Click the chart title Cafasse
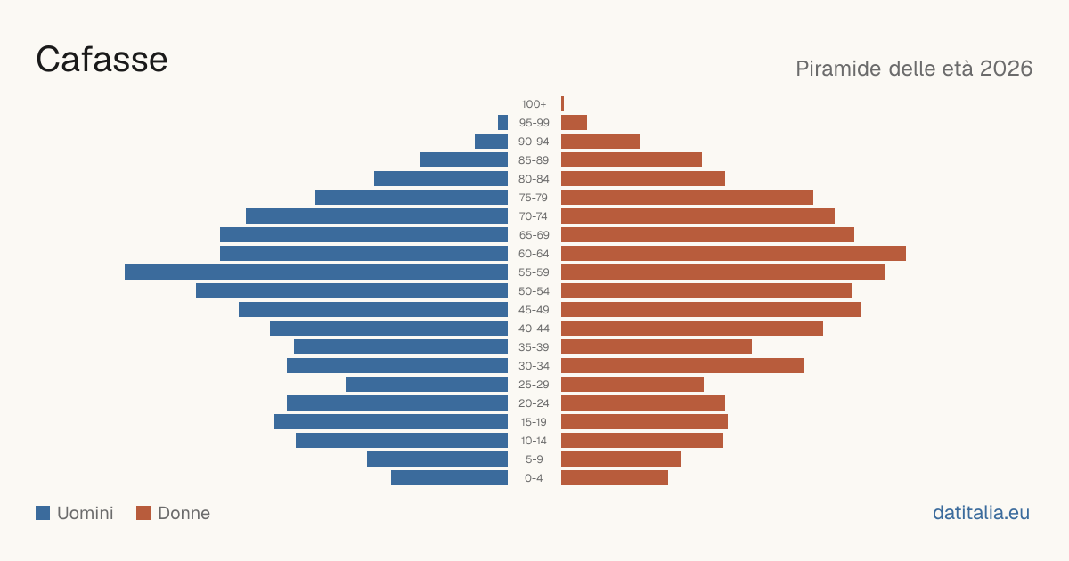point(102,60)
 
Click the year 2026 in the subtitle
point(1006,69)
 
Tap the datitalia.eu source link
point(981,513)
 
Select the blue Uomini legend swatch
point(43,513)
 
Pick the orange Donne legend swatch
point(143,513)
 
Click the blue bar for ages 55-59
point(316,272)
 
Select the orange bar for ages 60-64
point(733,253)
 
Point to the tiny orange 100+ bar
point(563,103)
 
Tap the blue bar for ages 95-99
point(502,123)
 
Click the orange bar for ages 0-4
point(615,478)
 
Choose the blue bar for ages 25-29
point(427,385)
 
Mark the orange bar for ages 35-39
point(657,346)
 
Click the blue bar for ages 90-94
point(491,142)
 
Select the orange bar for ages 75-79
point(687,198)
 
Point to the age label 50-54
point(534,291)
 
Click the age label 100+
point(534,104)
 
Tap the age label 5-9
point(534,459)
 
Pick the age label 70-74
point(534,216)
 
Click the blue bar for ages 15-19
point(391,422)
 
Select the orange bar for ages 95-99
point(574,123)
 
